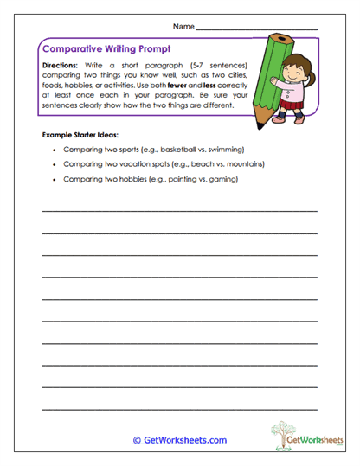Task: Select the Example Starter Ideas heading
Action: pos(83,136)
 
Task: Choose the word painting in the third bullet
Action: pos(178,179)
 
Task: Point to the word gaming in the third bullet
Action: pos(222,179)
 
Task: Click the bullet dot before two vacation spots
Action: pos(54,163)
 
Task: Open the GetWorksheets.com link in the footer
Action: pos(179,440)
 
